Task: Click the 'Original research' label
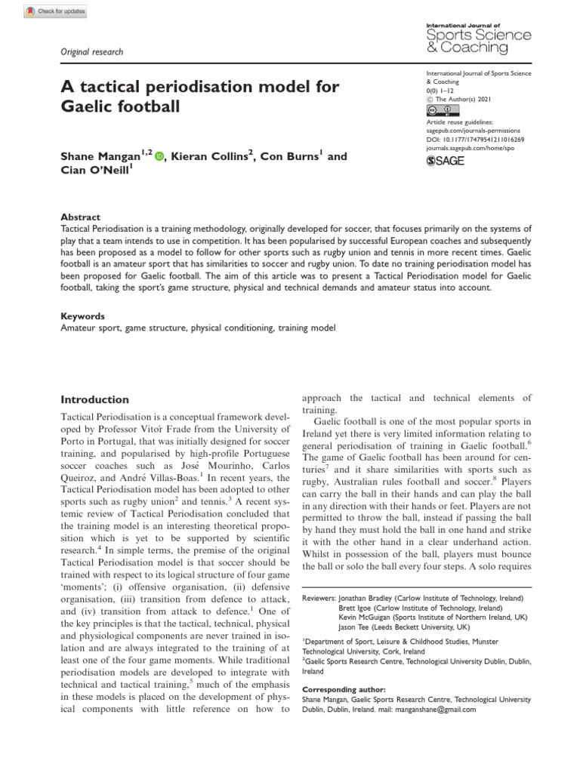tap(91, 52)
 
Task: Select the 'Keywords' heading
tap(82, 317)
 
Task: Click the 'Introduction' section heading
tap(94, 399)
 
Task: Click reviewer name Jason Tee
tap(357, 626)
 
